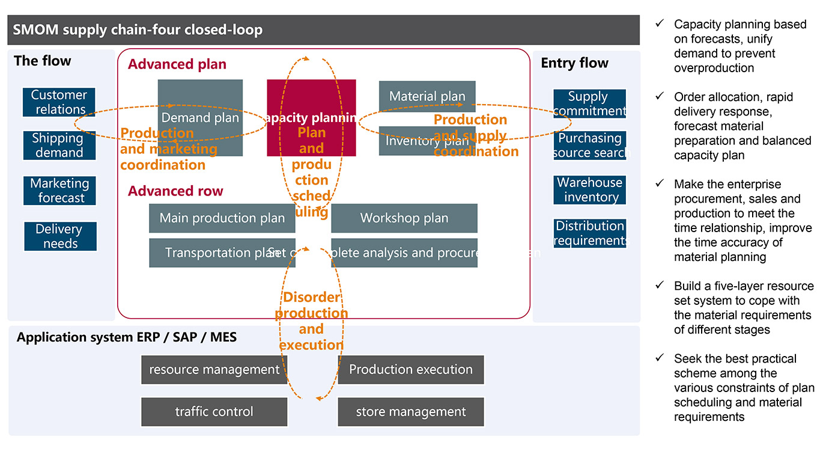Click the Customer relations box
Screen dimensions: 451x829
(59, 102)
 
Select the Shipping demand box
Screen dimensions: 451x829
(59, 146)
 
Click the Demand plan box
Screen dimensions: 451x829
(200, 118)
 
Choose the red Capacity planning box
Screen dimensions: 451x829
(311, 118)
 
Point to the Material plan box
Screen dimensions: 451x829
(427, 96)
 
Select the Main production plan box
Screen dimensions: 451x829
(222, 218)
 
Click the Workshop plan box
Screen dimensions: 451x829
(404, 218)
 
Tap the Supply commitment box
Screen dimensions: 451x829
(589, 103)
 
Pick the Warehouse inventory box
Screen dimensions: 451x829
(589, 190)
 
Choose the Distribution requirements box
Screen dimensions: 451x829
(589, 233)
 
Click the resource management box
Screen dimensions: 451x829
(214, 370)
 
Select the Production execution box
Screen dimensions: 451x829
(411, 370)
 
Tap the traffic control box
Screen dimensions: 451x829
(214, 412)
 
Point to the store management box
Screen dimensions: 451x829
(411, 412)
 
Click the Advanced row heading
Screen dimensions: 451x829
(175, 191)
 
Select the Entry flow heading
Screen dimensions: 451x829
(574, 63)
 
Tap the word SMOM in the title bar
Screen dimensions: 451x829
(32, 29)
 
